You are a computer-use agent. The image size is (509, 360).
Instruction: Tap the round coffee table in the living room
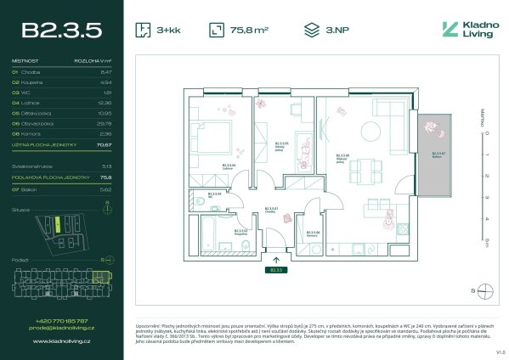click(370, 132)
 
